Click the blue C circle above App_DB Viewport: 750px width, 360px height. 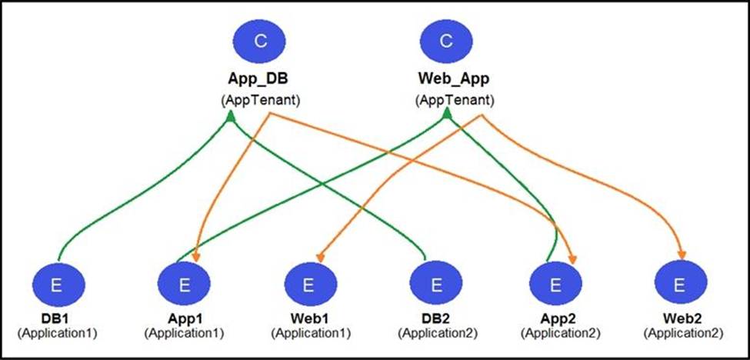click(x=259, y=41)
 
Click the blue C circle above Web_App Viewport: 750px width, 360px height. click(x=445, y=41)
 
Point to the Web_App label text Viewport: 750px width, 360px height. click(x=453, y=80)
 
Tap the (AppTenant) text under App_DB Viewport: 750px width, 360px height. click(x=260, y=101)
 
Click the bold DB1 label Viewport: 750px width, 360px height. click(x=58, y=319)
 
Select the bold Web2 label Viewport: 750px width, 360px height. click(x=683, y=319)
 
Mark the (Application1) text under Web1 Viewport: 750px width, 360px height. click(x=311, y=333)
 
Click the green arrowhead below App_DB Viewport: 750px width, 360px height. click(x=231, y=115)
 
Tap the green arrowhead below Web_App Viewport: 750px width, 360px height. click(x=447, y=113)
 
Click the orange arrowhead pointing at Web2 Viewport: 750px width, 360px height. click(x=682, y=255)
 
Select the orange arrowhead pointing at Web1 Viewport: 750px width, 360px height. click(x=320, y=258)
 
